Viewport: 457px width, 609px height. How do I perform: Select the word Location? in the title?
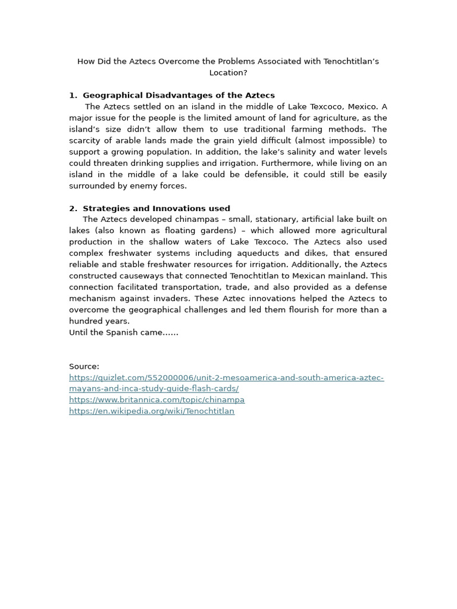coord(228,73)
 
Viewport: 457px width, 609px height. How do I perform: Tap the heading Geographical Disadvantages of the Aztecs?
coord(179,95)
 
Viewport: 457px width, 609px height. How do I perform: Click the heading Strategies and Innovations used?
coord(156,208)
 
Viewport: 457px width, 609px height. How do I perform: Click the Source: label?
coord(84,366)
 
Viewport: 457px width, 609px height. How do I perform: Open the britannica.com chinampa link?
coord(156,400)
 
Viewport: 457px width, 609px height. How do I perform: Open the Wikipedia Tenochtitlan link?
coord(152,411)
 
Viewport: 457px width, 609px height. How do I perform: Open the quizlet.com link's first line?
coord(226,378)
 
